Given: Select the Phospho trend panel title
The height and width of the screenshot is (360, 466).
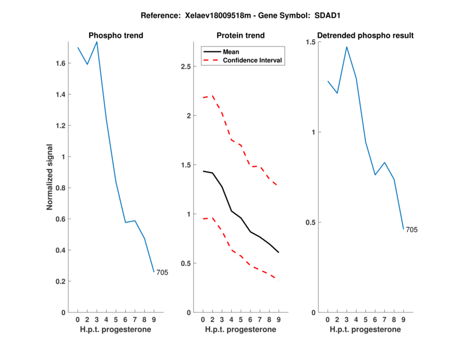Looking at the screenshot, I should click(115, 36).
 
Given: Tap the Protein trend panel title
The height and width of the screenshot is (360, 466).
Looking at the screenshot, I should click(241, 36).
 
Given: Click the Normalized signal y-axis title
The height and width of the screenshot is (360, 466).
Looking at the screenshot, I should click(50, 177).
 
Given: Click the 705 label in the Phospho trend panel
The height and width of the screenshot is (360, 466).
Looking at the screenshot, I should click(162, 273).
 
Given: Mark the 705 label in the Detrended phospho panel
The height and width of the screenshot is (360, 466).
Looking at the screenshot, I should click(412, 230).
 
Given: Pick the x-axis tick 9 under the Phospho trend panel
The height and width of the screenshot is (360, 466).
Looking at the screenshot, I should click(154, 319).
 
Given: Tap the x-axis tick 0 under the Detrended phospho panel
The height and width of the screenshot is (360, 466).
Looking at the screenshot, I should click(328, 319).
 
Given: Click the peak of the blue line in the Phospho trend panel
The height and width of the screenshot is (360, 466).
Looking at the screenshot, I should click(97, 42).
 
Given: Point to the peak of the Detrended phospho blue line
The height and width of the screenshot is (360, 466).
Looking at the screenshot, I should click(347, 47).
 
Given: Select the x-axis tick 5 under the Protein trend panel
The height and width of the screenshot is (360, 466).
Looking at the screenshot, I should click(241, 319).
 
